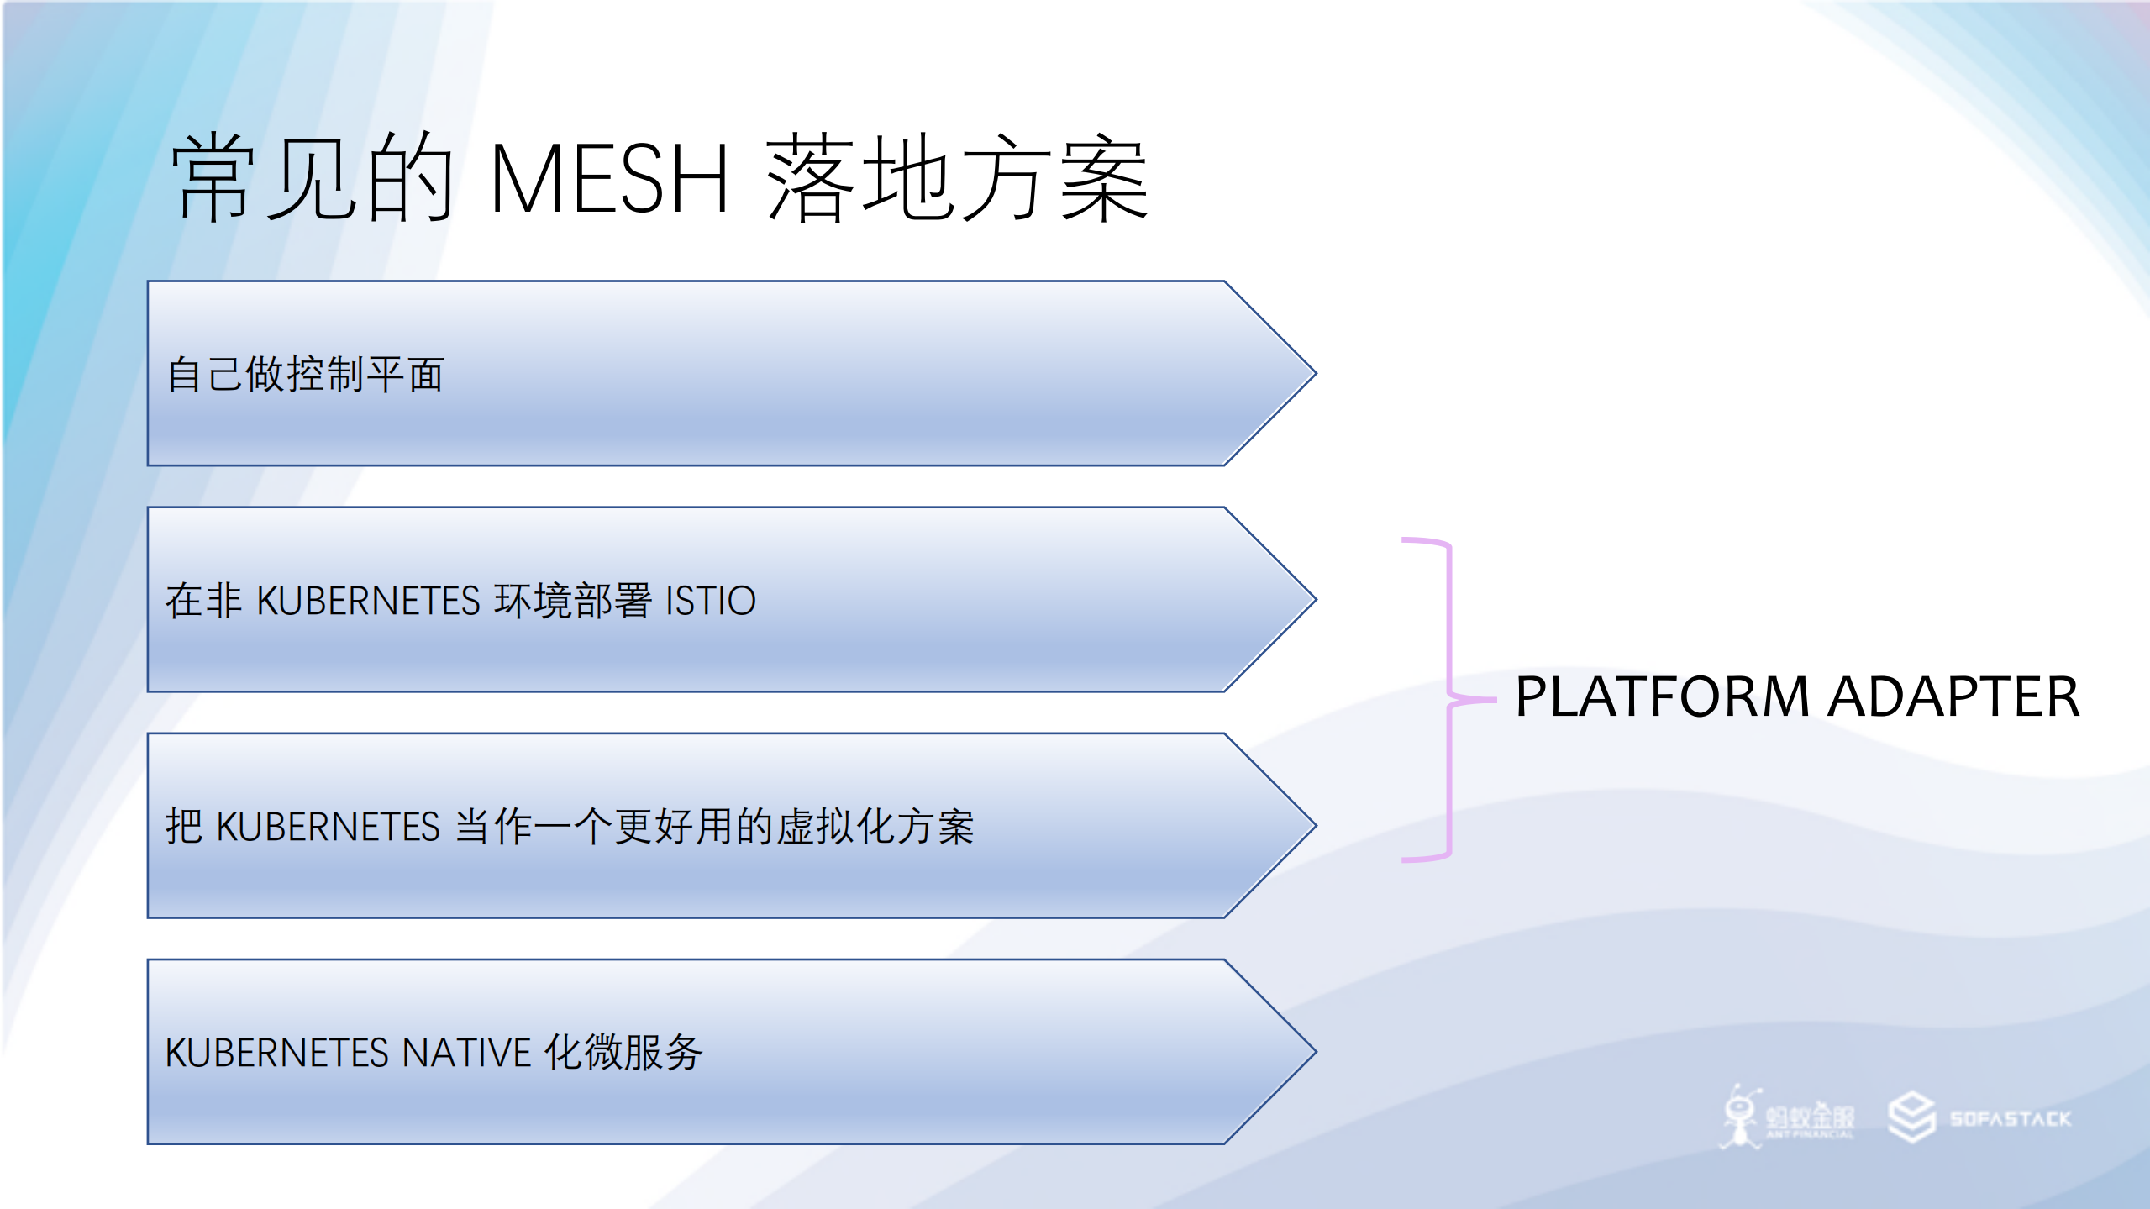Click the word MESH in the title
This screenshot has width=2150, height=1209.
(608, 178)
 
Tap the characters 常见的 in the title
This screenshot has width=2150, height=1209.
(313, 178)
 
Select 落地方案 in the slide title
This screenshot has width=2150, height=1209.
(956, 178)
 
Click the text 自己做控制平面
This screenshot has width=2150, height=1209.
(305, 374)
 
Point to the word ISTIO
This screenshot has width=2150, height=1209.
(711, 601)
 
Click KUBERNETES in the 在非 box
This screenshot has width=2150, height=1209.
(368, 601)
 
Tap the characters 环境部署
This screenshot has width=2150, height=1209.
(573, 601)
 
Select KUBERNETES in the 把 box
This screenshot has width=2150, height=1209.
(328, 827)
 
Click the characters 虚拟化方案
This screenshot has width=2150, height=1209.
(874, 827)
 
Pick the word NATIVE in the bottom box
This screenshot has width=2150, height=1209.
(467, 1053)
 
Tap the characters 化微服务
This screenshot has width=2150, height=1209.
(623, 1053)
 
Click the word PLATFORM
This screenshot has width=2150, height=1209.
(1662, 697)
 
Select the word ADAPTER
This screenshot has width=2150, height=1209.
(1954, 697)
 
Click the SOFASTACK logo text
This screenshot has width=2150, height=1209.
(2010, 1119)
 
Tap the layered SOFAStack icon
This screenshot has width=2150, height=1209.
(1911, 1117)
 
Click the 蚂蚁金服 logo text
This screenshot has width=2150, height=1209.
(1810, 1117)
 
